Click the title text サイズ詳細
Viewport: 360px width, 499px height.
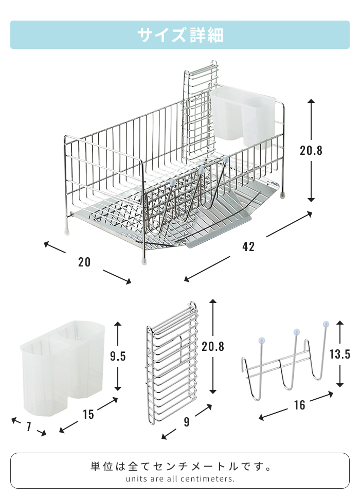pos(180,35)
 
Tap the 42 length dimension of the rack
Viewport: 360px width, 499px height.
pos(248,246)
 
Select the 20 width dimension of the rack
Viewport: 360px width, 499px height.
pos(84,262)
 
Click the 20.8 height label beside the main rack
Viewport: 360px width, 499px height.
pos(311,150)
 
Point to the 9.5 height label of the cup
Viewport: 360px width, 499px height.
pos(118,356)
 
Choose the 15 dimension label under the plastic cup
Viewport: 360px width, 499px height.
pos(88,414)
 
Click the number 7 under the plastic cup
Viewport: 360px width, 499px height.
pos(29,426)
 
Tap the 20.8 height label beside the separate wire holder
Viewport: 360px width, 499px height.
pos(213,346)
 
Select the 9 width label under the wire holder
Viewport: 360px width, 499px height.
pos(186,422)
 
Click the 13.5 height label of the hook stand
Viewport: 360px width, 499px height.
pos(339,354)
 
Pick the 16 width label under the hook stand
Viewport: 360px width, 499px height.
pos(299,405)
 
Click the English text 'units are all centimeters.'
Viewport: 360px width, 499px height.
pos(180,478)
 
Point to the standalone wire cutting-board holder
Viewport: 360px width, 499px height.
pos(172,363)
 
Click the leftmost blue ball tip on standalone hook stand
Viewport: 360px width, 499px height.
pos(261,340)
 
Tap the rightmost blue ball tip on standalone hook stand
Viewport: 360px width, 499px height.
pos(326,325)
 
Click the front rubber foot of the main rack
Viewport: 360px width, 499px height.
pos(144,261)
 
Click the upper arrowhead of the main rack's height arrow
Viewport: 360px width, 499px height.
pos(311,101)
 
